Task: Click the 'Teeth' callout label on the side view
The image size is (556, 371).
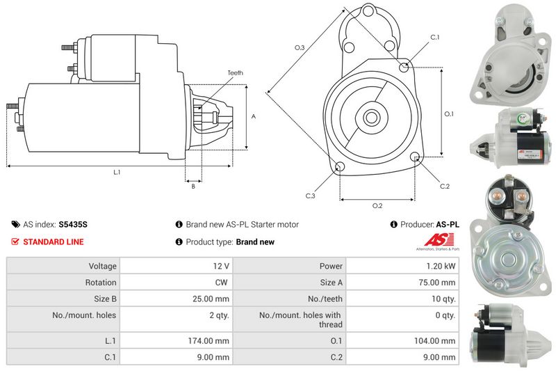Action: click(x=235, y=73)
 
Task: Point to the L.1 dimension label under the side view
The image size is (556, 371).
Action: click(x=117, y=172)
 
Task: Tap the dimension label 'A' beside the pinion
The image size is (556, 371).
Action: click(x=254, y=116)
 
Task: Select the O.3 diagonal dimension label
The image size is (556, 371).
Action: click(x=300, y=47)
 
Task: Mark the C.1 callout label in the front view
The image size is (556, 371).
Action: click(x=434, y=37)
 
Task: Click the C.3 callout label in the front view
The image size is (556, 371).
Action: click(x=310, y=196)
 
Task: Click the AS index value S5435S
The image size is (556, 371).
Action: click(x=73, y=225)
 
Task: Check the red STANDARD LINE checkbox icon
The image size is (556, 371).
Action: click(x=15, y=242)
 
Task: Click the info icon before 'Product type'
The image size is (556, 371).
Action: click(x=179, y=242)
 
